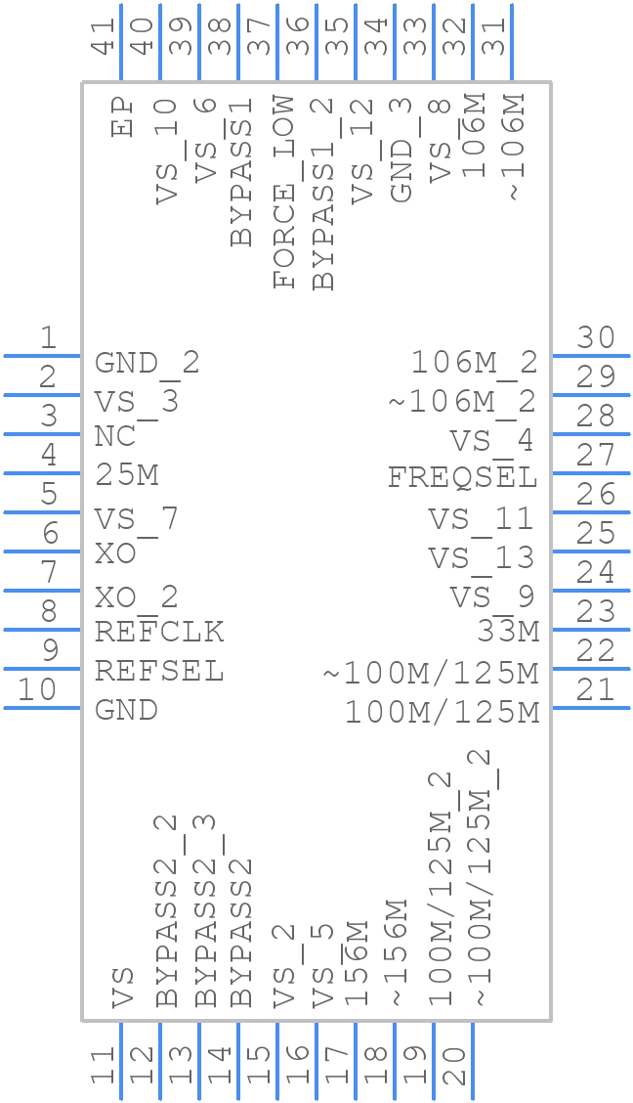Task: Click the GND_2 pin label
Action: (147, 364)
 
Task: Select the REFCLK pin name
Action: (159, 633)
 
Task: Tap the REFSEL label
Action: (159, 672)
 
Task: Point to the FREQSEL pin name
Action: (463, 478)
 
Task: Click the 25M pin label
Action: (127, 476)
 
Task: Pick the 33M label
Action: (508, 633)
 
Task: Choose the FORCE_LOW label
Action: (284, 192)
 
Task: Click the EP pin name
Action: (122, 115)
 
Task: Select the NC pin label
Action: (114, 437)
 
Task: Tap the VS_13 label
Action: (482, 558)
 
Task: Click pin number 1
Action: (48, 339)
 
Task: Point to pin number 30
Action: (595, 338)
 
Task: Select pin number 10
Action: (38, 690)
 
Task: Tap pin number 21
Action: (595, 690)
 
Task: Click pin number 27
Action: (595, 456)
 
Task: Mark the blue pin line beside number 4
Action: (42, 473)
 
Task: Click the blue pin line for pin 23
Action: (591, 630)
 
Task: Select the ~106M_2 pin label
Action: (463, 401)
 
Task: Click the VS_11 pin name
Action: (482, 518)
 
